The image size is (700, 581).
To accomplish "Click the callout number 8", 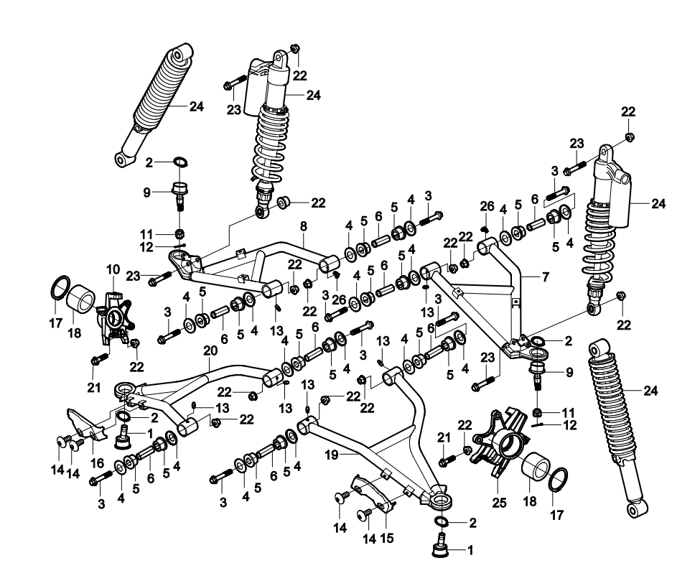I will [304, 226].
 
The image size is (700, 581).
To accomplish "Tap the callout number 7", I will [545, 276].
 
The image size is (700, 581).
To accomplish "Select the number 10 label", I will [113, 269].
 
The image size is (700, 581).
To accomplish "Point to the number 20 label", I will [209, 352].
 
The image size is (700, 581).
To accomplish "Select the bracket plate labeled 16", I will [85, 424].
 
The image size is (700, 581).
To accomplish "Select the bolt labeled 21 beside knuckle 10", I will [100, 356].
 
